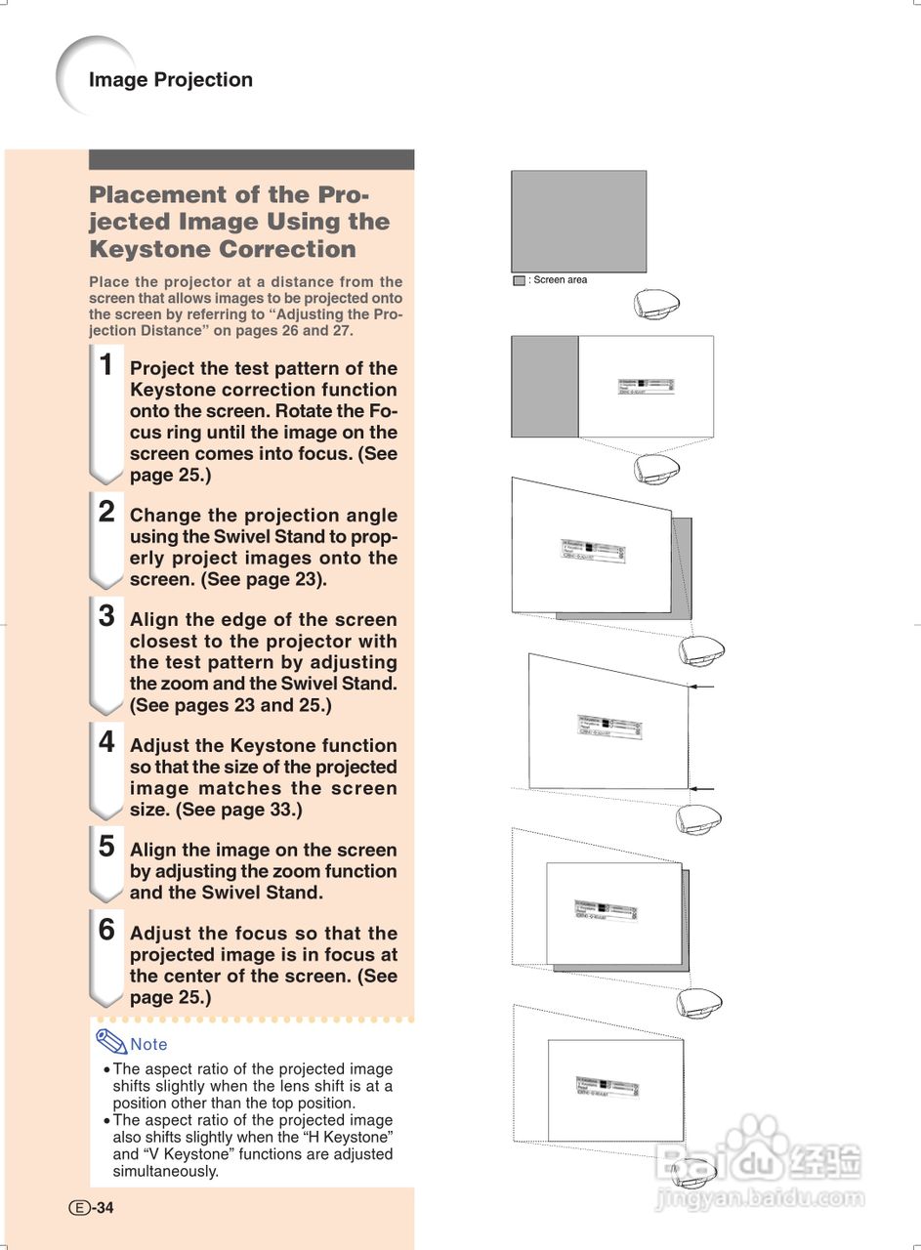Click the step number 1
[106, 365]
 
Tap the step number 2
[106, 512]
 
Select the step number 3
[106, 616]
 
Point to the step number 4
[106, 742]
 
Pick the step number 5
[106, 847]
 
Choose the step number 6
[106, 931]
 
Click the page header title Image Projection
[170, 80]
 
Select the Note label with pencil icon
[133, 1043]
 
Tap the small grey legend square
[519, 280]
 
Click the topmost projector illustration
[655, 305]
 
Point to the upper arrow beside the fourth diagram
[701, 687]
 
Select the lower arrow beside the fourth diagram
[701, 788]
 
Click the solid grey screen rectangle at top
[578, 222]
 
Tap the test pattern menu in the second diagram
[646, 387]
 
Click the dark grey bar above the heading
[251, 159]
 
